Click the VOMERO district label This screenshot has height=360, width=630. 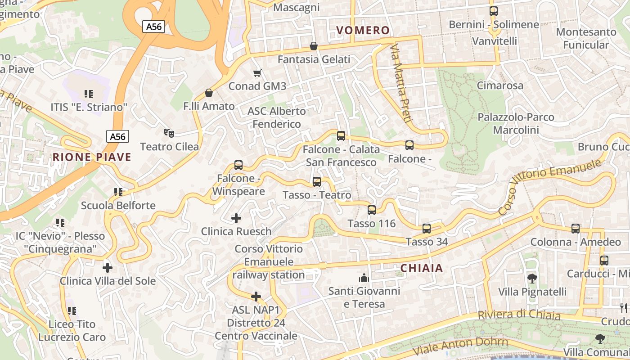363,31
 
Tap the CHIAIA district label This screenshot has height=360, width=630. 422,269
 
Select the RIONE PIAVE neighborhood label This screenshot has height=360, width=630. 92,157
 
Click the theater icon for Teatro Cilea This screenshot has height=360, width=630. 169,133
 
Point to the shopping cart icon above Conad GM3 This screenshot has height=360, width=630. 257,73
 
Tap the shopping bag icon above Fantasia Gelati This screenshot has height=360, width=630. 314,46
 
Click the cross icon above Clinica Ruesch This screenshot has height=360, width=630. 236,219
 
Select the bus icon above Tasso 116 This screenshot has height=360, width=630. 372,210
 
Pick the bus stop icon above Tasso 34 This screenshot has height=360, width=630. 427,229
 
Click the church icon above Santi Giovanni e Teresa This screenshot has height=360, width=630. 364,278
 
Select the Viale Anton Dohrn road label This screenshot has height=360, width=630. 460,346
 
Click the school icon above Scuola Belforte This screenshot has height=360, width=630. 118,193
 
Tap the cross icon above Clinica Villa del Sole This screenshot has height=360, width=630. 108,268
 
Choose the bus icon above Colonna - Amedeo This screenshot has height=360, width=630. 576,229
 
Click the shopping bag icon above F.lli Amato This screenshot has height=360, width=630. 209,93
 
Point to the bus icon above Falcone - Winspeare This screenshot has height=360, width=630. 238,165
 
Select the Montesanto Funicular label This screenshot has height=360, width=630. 586,38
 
